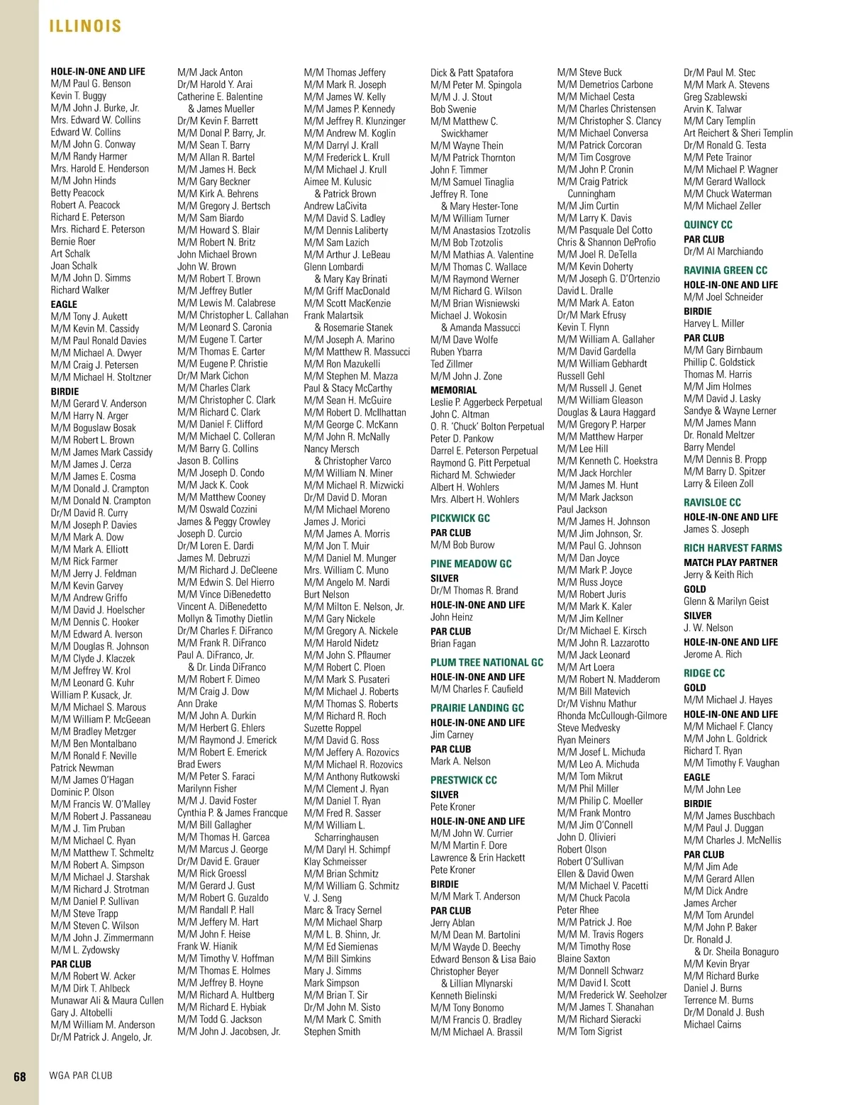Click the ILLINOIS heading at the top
85,26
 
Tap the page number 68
20,1076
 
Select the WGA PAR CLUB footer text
81,1075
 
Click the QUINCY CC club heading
708,225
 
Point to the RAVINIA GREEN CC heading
725,270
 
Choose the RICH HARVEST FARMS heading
733,548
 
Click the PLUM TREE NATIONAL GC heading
486,662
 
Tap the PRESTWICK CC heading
464,780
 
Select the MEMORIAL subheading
454,390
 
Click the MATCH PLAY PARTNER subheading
730,562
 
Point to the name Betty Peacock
77,193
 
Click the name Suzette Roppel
333,728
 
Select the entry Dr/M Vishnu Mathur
597,704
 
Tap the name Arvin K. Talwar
713,109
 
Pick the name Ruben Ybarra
456,352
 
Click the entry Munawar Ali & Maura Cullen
107,1001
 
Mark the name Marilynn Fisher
207,789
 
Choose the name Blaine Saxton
584,958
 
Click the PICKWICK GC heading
460,518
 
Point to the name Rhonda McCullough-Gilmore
612,716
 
